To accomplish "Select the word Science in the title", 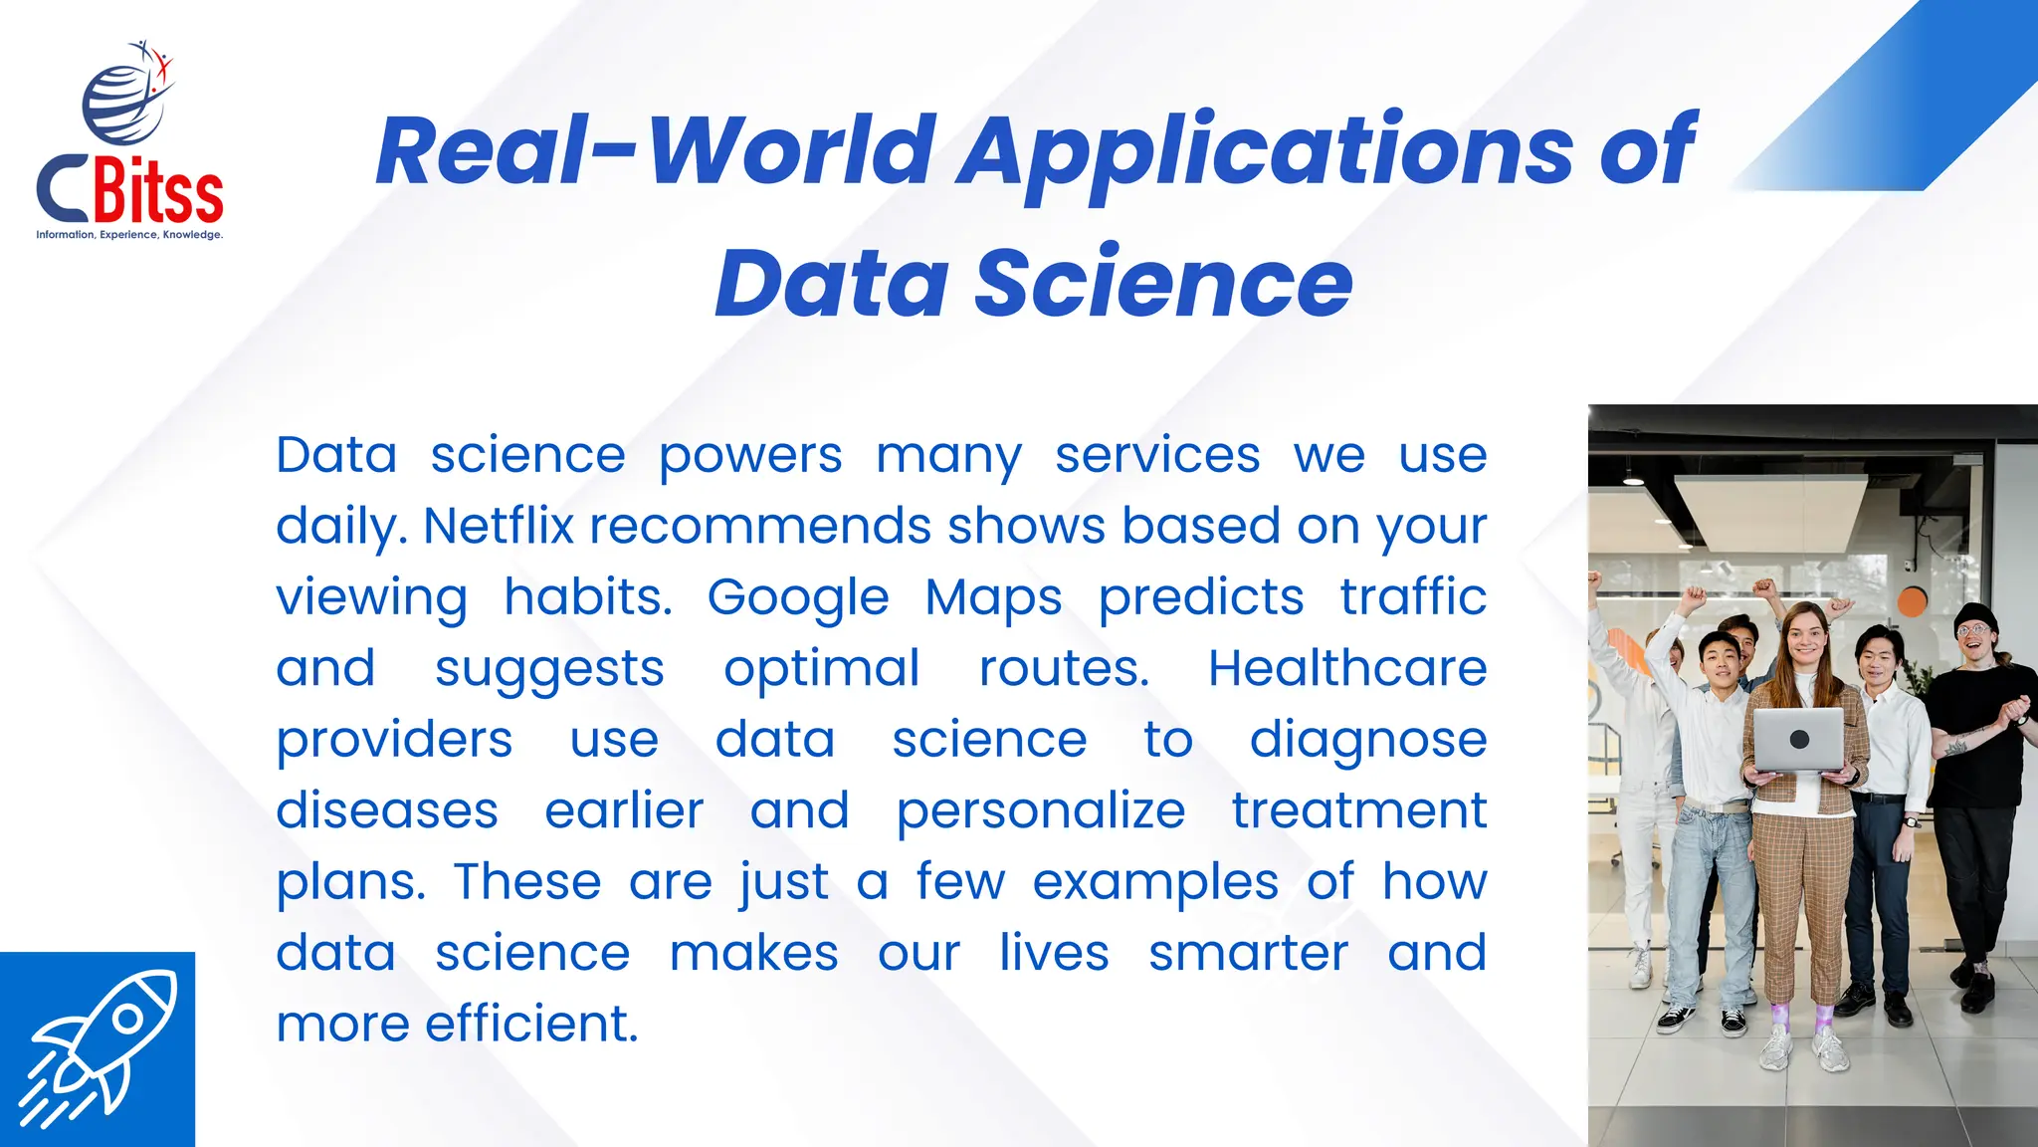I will click(1163, 283).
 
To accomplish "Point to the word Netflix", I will click(499, 526).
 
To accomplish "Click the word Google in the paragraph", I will click(798, 597).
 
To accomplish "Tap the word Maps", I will click(993, 597).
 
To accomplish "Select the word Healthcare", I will click(1347, 668).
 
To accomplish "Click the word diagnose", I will click(1368, 741).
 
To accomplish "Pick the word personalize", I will click(1041, 810).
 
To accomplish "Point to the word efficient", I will click(531, 1024).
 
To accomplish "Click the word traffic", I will click(1413, 597).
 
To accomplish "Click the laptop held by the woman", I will click(1798, 740).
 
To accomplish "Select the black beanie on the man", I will click(1973, 614).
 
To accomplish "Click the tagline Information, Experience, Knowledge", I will click(129, 235).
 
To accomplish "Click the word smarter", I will click(1248, 953).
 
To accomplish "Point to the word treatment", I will click(1359, 810).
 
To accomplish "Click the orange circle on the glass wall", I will click(1913, 601).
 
